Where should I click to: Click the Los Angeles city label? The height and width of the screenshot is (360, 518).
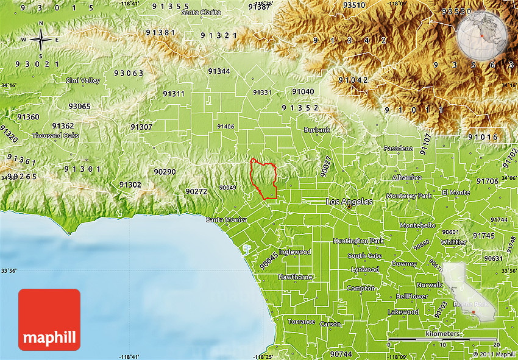click(x=349, y=201)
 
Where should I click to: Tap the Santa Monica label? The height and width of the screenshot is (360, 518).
click(x=226, y=219)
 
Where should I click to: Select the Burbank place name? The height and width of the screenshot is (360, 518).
click(x=317, y=130)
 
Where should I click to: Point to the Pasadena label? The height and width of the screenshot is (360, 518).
click(x=398, y=148)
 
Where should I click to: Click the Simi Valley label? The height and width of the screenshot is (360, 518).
click(x=83, y=80)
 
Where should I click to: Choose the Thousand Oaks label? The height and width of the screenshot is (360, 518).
click(x=55, y=135)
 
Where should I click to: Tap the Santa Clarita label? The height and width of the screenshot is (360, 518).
click(x=202, y=12)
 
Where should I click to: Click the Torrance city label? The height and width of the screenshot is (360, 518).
click(x=301, y=322)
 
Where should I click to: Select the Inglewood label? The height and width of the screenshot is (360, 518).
click(x=295, y=252)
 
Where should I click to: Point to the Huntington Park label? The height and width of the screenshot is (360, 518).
click(x=358, y=241)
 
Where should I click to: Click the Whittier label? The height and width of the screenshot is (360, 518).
click(x=453, y=242)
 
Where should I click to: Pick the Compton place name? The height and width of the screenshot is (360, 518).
click(x=361, y=288)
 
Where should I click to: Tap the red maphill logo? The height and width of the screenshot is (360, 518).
click(x=49, y=319)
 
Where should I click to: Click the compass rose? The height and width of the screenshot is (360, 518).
click(x=41, y=40)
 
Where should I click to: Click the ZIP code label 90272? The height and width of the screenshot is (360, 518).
click(x=196, y=191)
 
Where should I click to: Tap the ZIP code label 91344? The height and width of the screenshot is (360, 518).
click(x=219, y=71)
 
